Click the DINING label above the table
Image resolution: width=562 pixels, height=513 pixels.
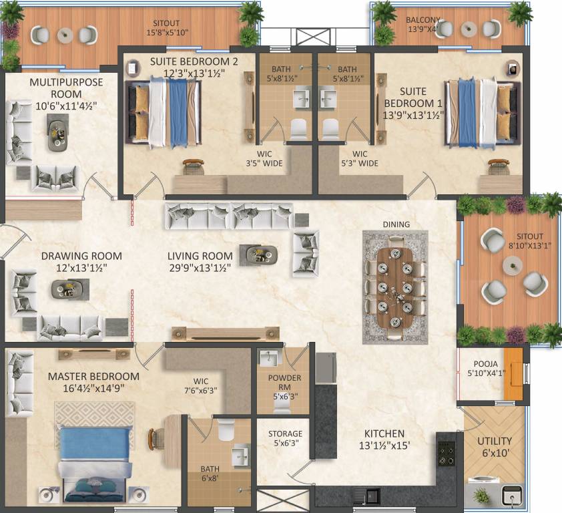[396, 224]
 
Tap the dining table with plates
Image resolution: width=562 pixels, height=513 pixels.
[394, 287]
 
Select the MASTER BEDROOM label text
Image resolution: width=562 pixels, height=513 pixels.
[93, 376]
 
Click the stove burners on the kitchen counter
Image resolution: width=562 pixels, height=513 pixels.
[446, 452]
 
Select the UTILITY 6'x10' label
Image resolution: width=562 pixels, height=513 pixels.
[495, 446]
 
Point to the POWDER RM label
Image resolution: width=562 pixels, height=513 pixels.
[284, 383]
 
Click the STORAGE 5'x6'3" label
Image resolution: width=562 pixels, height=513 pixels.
[285, 439]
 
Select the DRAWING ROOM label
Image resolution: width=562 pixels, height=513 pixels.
[81, 261]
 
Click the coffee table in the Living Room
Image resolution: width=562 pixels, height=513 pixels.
[259, 254]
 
